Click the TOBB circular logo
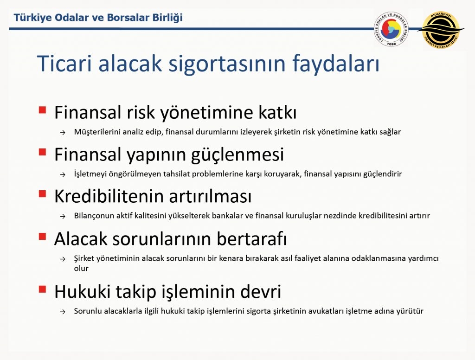(x=391, y=29)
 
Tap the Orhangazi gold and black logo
(x=441, y=30)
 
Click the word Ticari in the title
(x=65, y=64)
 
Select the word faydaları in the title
(x=336, y=64)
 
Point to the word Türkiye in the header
(x=32, y=18)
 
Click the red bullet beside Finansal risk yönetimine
(x=42, y=109)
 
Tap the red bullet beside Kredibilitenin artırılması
(x=42, y=193)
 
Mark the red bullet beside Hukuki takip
(x=42, y=289)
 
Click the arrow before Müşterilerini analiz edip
(x=63, y=132)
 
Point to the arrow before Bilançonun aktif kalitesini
(x=63, y=216)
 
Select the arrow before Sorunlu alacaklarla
(x=63, y=312)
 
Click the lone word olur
(x=81, y=269)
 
